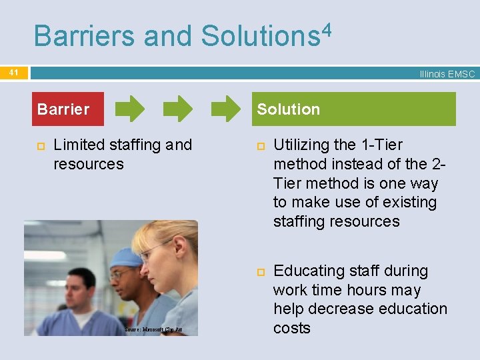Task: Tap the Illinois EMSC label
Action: coord(447,74)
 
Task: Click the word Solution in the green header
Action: coord(289,109)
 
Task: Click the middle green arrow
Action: coord(179,109)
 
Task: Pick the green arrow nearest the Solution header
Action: coord(225,109)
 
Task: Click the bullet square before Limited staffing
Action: coord(40,145)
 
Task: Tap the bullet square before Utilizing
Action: coord(260,145)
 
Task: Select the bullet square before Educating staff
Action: coord(260,271)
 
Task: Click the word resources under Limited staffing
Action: coord(89,164)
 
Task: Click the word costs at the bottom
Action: coord(292,328)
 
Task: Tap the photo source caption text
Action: coord(153,330)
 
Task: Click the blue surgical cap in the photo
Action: coord(125,257)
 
